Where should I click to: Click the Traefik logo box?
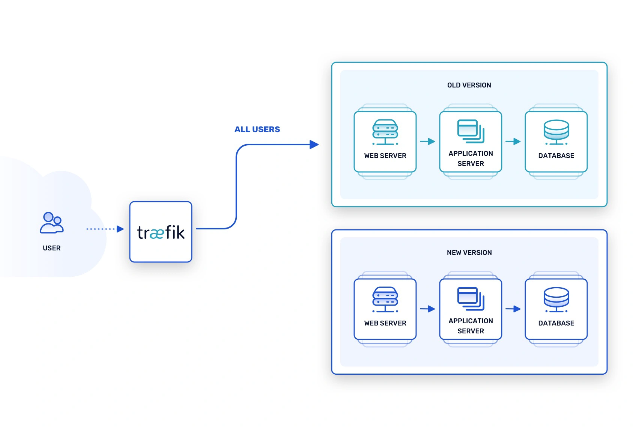(x=161, y=232)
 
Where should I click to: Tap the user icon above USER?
(x=52, y=223)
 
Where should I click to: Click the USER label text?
(x=52, y=248)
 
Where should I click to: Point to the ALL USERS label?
(x=257, y=130)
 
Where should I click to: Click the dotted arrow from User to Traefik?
(x=105, y=229)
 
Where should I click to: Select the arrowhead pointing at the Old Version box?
(x=314, y=145)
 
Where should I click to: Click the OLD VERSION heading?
(x=469, y=85)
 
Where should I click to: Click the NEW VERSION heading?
(x=469, y=253)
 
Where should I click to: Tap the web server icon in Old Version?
(x=385, y=132)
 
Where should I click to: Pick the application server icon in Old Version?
(x=471, y=131)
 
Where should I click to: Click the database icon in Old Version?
(x=556, y=132)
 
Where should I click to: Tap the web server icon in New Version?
(x=385, y=300)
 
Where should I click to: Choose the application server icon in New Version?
(x=471, y=299)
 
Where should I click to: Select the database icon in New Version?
(x=556, y=300)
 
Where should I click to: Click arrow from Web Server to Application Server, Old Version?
(x=428, y=142)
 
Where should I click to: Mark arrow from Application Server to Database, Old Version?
(x=513, y=142)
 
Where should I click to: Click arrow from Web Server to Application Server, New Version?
(x=428, y=309)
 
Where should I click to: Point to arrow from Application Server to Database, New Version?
(x=513, y=309)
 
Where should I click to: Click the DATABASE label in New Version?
(x=556, y=323)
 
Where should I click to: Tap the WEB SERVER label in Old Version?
(x=385, y=156)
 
